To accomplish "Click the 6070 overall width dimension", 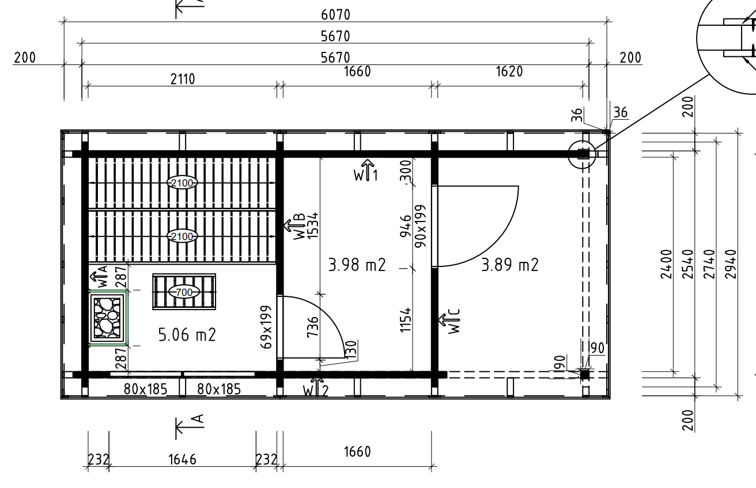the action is pos(335,15).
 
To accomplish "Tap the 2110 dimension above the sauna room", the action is pos(183,79).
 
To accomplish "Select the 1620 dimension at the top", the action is pos(509,71).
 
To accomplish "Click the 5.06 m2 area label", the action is pos(187,335).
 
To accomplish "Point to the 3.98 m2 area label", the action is pos(357,265).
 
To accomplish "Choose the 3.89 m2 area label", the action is pos(509,265).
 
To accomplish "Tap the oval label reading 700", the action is pos(184,292).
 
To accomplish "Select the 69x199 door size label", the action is pos(266,327).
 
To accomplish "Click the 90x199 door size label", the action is pos(421,226).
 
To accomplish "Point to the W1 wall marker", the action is pos(366,170).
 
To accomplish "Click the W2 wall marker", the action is pos(316,387).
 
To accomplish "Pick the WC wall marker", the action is pos(449,321).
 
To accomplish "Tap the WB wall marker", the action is pos(295,226).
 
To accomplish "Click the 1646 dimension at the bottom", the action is pos(182,459).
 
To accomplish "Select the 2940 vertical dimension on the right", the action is pos(731,264).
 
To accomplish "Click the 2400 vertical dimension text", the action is pos(666,264).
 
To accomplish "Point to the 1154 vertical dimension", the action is pos(406,320).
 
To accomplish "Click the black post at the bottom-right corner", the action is pos(584,374).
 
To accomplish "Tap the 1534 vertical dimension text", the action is pos(312,225).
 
